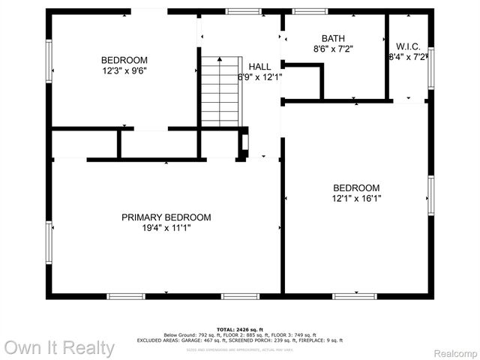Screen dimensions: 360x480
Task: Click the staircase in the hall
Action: pos(222,91)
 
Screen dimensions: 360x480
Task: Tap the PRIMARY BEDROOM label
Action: pos(166,217)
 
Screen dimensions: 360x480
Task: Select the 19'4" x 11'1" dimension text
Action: pos(166,228)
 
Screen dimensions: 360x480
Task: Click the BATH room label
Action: pos(334,38)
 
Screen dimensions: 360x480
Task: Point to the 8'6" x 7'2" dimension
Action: pos(334,49)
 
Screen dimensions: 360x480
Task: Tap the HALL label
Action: pos(260,67)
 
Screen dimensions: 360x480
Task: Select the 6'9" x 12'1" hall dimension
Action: pos(259,77)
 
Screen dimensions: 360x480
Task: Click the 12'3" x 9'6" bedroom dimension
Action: pos(124,71)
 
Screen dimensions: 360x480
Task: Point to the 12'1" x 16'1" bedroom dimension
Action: pos(356,199)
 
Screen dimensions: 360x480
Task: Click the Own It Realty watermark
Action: pos(59,348)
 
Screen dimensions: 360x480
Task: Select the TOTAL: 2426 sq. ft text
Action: pos(239,329)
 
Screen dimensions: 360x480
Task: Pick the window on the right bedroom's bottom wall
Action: pos(355,296)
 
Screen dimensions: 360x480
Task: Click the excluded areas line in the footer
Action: pos(239,340)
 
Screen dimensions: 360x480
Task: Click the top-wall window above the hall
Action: pos(240,11)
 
